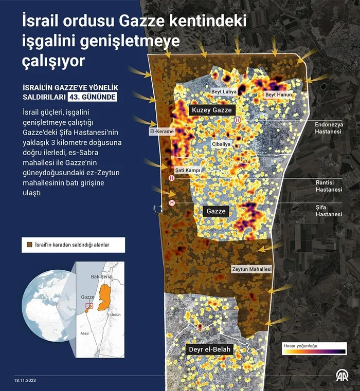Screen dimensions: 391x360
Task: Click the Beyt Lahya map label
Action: (x=224, y=91)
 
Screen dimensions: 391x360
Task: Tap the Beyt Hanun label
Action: (x=278, y=95)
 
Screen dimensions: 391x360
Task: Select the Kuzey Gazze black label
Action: (x=211, y=110)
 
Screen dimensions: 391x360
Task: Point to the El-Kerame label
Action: (x=161, y=132)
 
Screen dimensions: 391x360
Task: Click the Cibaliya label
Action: (x=221, y=144)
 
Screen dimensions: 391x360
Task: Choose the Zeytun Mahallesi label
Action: (x=251, y=269)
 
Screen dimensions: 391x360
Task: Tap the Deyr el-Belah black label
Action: (x=210, y=350)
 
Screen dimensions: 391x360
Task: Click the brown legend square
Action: (x=29, y=245)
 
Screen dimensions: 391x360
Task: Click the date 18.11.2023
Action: (x=26, y=381)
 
